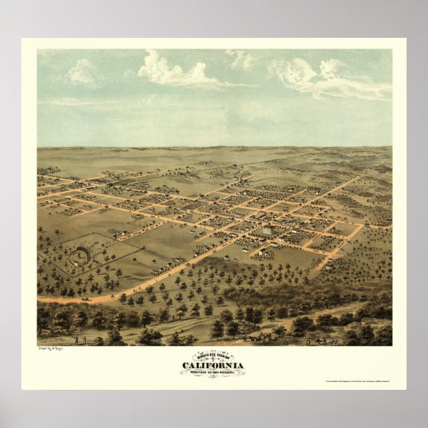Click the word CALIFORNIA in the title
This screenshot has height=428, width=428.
[213, 366]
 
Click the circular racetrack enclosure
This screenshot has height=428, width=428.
[80, 255]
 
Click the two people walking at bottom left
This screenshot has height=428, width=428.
[80, 340]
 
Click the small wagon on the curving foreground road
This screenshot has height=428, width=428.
[85, 299]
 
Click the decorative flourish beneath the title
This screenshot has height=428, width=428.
[213, 376]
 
